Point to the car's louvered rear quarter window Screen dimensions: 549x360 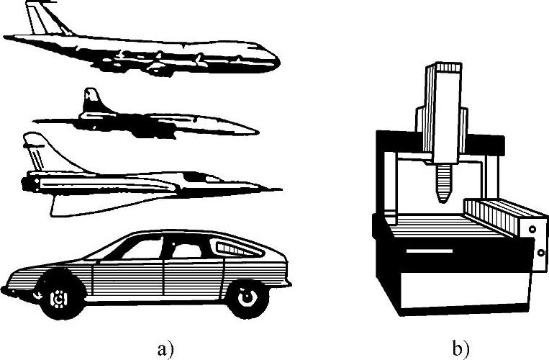(233, 248)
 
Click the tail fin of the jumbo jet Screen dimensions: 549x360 (43, 18)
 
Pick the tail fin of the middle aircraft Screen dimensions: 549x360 (92, 100)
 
